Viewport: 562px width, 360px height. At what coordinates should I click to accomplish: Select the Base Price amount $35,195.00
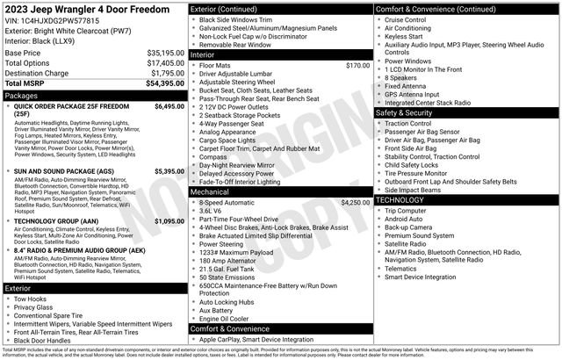[165, 53]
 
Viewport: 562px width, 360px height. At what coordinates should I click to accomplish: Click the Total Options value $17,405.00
[165, 62]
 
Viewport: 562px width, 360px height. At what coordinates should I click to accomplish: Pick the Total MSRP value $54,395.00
[164, 83]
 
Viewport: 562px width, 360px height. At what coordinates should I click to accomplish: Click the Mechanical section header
[210, 191]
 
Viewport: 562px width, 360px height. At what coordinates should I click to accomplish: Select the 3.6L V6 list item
[212, 211]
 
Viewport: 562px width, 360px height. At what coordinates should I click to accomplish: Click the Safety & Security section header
[405, 112]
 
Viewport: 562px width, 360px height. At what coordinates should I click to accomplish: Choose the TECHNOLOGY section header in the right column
[400, 200]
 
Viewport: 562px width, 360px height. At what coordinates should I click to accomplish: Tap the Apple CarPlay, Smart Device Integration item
[256, 339]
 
